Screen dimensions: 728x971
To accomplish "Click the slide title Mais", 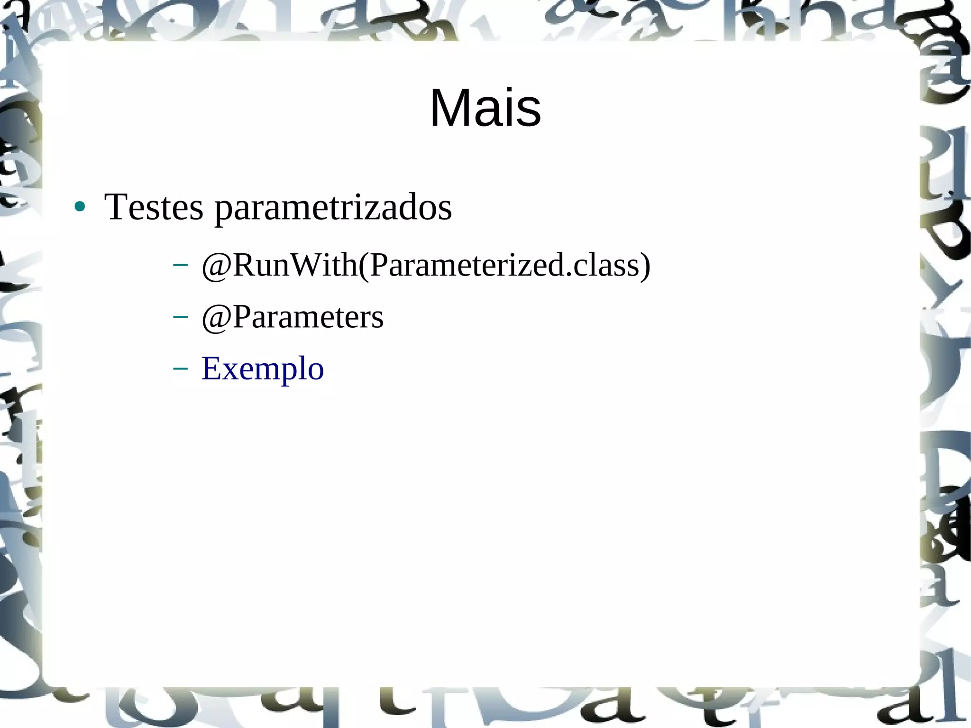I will coord(485,108).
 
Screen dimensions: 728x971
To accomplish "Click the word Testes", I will coord(154,207).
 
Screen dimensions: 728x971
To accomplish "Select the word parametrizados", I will coord(333,208).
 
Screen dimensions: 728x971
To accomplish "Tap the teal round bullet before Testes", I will coord(80,207).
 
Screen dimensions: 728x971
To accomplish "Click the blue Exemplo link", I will coord(263,369).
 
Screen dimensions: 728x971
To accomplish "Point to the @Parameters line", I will coord(293,317).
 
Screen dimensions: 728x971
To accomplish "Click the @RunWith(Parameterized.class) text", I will coord(426,265).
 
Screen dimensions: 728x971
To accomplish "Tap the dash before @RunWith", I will coord(180,265).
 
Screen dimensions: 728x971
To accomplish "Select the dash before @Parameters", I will coord(180,316).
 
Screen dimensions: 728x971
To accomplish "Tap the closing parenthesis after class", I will coord(645,266).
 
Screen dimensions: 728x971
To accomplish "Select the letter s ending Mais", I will coord(530,112).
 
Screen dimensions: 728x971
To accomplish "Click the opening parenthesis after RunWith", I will coord(364,266).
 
